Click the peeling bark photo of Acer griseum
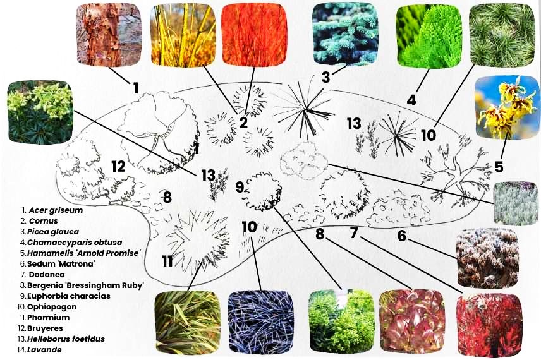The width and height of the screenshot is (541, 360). click(x=108, y=34)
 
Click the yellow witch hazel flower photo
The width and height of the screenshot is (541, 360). click(x=506, y=107)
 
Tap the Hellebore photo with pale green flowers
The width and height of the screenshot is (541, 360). click(x=40, y=112)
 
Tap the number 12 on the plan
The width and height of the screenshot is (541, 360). click(x=118, y=167)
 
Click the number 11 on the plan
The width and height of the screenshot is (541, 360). click(x=167, y=261)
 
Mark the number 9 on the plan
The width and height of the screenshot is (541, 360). click(x=240, y=187)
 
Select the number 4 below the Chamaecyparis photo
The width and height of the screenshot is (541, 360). click(x=411, y=100)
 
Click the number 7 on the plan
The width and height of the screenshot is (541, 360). click(x=355, y=233)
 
